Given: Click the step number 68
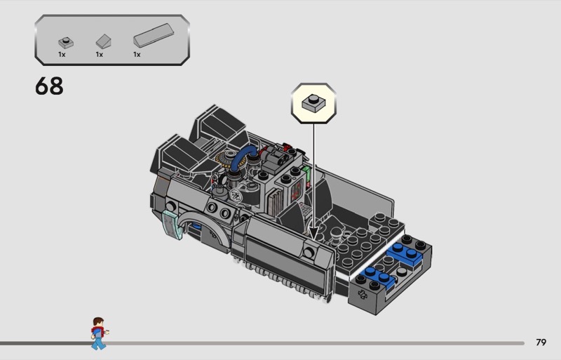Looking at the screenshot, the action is click(49, 86).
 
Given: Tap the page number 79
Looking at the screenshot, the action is click(541, 342).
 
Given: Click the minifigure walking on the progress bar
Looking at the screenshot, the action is click(99, 333).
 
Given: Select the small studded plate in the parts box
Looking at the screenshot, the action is click(66, 43).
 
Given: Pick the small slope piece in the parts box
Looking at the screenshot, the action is click(103, 41).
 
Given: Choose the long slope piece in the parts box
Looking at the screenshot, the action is click(154, 36).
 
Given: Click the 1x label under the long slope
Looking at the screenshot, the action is click(137, 55).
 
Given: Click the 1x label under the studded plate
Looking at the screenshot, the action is click(62, 55).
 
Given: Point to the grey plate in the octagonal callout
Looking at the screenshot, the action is click(313, 102).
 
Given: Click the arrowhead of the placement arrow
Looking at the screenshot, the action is click(313, 234).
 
